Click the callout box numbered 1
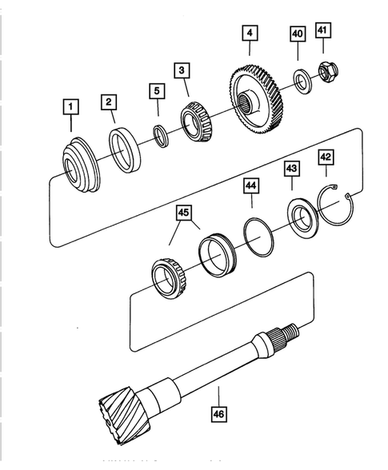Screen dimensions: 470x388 (x=70, y=106)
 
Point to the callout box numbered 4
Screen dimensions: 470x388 (x=250, y=34)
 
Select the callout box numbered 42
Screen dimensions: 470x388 (x=326, y=157)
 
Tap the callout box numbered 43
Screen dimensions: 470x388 (x=290, y=169)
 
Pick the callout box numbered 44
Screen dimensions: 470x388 (x=252, y=186)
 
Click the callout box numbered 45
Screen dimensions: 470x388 (x=184, y=213)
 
